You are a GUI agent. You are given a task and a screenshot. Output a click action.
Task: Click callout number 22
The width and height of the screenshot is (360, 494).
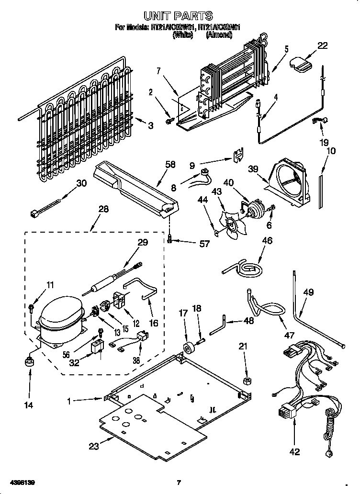(x=322, y=46)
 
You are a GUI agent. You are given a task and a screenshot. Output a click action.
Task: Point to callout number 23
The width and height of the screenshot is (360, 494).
(x=93, y=446)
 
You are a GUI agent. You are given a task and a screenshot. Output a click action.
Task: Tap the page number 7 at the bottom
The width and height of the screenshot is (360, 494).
(x=178, y=482)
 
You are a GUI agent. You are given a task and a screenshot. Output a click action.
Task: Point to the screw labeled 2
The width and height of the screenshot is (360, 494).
(x=169, y=109)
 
